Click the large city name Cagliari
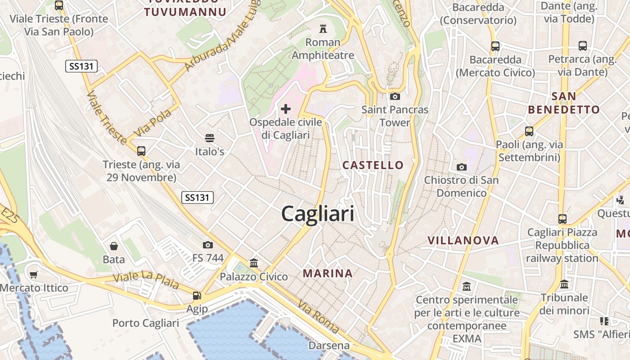[318, 214]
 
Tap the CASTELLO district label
[373, 165]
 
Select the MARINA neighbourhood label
[328, 273]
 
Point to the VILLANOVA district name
[463, 240]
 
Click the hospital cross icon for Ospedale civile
[286, 109]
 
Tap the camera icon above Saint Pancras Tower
[395, 96]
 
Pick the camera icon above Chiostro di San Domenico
[461, 167]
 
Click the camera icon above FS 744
[207, 245]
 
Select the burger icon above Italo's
[209, 138]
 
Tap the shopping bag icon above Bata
[113, 246]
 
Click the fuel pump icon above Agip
[197, 296]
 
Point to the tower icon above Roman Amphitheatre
[323, 29]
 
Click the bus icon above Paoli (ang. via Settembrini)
[529, 131]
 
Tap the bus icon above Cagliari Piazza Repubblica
[562, 219]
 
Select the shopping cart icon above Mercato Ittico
[34, 274]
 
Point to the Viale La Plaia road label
[145, 280]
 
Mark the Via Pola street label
[153, 122]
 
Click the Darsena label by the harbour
[329, 346]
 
